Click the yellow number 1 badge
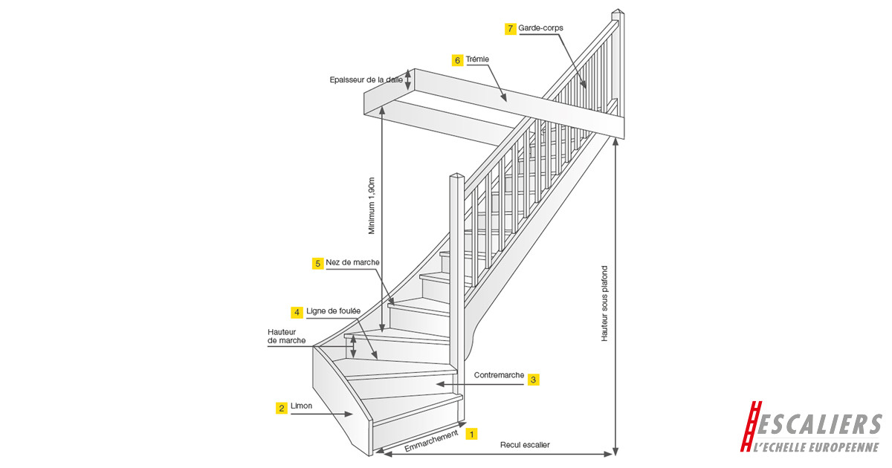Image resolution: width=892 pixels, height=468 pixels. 471,434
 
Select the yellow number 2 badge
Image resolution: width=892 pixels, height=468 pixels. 282,408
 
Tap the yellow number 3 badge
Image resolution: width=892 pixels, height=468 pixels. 534,379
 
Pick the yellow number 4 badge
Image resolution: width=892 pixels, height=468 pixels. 297,312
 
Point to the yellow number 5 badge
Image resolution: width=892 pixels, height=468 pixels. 317,263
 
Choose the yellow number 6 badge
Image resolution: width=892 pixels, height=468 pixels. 458,59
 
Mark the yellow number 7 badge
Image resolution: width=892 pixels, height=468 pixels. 510,28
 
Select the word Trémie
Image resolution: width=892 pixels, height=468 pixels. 479,59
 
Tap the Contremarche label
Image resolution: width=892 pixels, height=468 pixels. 499,375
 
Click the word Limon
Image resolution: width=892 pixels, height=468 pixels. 301,406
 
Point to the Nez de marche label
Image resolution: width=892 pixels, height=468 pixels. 353,263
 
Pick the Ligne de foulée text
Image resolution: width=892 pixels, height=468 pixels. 334,312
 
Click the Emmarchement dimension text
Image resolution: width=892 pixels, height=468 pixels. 432,442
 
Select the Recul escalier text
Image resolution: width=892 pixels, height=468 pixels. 525,445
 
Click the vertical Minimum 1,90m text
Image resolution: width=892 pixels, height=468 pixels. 372,206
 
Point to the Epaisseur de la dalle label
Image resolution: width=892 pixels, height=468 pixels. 366,79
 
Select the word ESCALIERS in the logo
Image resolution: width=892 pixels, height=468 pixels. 821,424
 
